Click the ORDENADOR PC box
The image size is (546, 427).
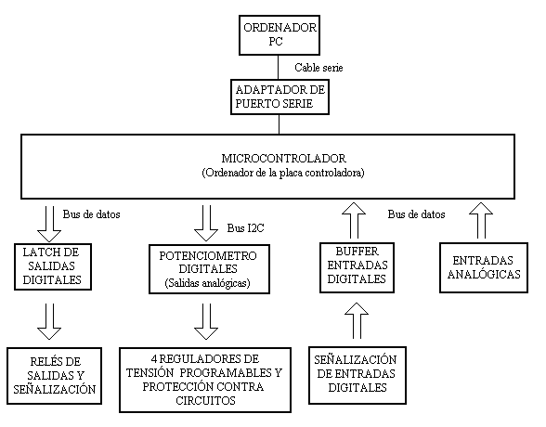279,34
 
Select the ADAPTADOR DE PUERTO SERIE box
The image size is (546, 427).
279,97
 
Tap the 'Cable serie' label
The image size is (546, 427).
318,68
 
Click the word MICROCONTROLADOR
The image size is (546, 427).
283,159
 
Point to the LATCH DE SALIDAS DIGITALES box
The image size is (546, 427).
53,266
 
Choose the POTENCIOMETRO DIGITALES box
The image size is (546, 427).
209,269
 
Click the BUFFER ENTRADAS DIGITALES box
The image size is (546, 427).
357,267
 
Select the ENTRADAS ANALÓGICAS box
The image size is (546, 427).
484,267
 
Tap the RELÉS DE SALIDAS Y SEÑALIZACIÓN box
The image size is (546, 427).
54,376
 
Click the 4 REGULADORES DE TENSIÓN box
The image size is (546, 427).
205,380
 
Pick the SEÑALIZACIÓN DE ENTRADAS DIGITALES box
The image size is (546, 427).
357,375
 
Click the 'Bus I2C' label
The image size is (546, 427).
245,228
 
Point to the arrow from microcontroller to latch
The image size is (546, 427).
49,224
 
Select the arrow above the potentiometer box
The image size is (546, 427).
206,223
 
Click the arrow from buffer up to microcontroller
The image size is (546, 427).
354,220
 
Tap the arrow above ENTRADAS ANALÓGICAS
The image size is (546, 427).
481,220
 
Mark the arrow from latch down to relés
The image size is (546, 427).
49,321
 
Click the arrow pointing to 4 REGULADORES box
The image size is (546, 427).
206,321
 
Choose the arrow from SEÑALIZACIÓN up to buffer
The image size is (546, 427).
357,320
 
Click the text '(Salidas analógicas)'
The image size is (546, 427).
208,283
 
